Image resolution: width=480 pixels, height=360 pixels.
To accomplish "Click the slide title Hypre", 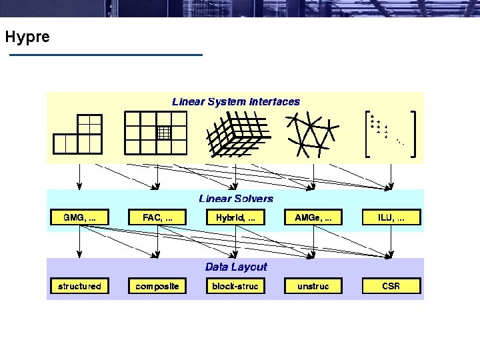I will tap(27, 37).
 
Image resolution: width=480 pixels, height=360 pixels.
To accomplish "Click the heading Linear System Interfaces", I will tap(236, 102).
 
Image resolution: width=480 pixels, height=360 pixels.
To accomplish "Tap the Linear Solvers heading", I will tap(236, 199).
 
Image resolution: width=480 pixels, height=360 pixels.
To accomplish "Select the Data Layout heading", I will tap(236, 267).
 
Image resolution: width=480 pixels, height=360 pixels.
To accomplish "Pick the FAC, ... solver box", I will tap(157, 217).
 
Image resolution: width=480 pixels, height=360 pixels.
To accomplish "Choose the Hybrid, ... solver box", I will tap(235, 217).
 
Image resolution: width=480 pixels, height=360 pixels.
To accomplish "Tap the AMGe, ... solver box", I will tap(313, 217).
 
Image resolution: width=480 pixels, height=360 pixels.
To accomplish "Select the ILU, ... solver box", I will tap(391, 217).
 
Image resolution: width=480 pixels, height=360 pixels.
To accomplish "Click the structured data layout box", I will tap(80, 286).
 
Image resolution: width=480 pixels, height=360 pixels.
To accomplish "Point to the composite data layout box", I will tap(157, 286).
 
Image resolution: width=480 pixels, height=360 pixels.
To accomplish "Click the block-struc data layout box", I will tap(235, 286).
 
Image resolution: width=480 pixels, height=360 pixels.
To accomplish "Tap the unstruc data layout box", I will tap(313, 286).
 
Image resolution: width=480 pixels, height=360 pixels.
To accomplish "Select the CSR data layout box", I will tap(391, 286).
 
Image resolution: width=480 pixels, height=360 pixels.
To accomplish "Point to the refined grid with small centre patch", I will tap(157, 133).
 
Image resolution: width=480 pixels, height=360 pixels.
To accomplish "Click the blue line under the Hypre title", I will tap(105, 55).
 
